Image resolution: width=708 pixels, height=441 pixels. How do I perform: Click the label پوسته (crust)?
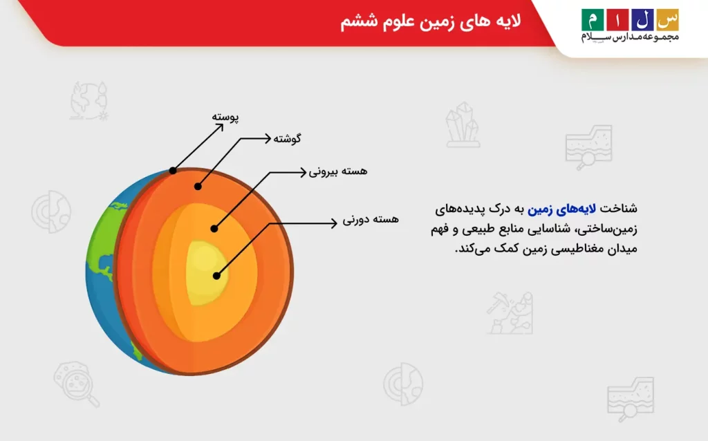(225, 117)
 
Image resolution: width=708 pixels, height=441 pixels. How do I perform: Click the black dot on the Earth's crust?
(173, 170)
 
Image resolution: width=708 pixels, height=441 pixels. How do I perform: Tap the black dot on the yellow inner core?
(216, 275)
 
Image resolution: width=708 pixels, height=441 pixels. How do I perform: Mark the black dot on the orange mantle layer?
(197, 186)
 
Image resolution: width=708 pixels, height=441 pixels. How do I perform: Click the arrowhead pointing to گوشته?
(268, 138)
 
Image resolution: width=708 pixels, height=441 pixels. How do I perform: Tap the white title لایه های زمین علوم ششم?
(431, 21)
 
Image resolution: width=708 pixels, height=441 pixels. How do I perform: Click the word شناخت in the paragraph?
(618, 208)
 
